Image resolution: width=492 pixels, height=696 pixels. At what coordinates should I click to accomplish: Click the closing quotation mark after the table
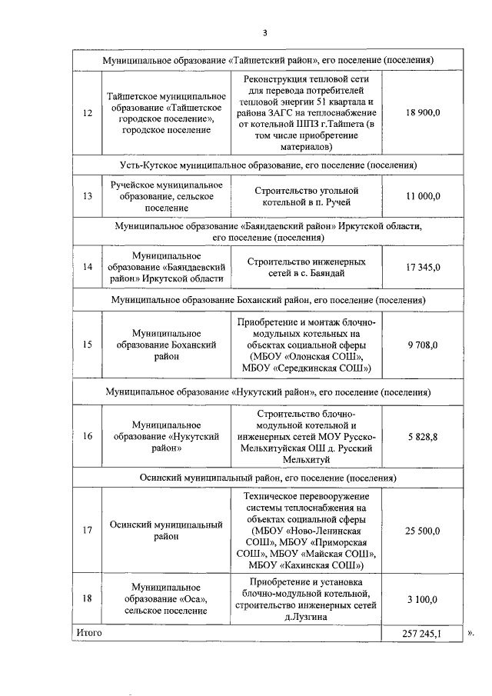coord(470,633)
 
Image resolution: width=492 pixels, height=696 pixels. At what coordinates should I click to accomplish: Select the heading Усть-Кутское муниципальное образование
coord(268,165)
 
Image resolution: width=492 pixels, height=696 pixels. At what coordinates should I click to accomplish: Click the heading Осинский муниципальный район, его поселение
coord(268,477)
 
